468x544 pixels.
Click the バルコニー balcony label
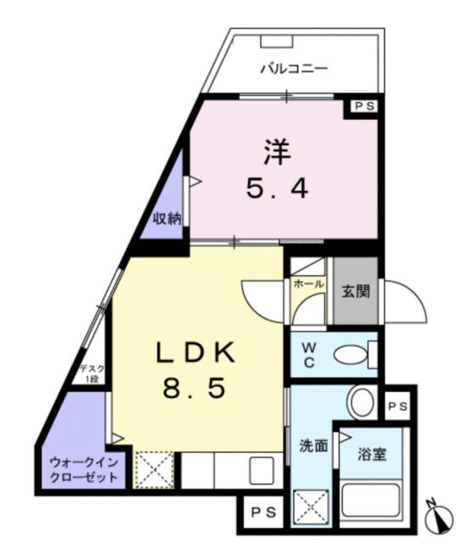[293, 69]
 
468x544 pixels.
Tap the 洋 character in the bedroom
[277, 154]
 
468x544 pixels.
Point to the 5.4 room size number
[277, 189]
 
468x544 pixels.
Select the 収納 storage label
[167, 218]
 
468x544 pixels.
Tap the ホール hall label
[308, 285]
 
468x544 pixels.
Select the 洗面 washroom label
[313, 446]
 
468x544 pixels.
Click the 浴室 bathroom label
[372, 453]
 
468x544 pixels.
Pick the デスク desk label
[91, 374]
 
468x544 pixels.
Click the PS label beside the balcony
[364, 107]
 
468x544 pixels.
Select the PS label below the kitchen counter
[262, 513]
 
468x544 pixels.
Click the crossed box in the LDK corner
[156, 469]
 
